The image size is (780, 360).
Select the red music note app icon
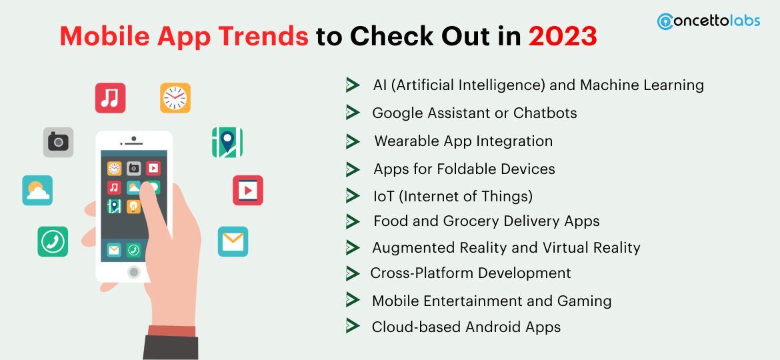pos(110,98)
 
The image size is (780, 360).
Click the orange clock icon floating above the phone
pos(175,98)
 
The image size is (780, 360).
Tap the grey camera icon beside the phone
pos(58,142)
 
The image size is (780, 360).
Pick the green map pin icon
pos(227,142)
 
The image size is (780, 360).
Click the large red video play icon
pos(247,191)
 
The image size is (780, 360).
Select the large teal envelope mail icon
pos(233,241)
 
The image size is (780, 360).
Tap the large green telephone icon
pos(53,241)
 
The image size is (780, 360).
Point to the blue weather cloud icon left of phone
pos(37,191)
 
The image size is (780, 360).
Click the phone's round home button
pos(134,272)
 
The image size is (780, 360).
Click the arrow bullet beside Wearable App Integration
pos(353,141)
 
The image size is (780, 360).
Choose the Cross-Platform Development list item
pos(471,273)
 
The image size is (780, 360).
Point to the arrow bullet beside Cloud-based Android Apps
pos(353,326)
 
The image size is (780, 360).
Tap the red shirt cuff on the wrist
pos(172,330)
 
